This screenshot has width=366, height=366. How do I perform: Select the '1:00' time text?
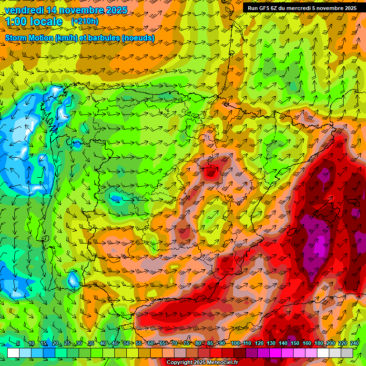point(17,22)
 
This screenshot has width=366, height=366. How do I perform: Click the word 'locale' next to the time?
point(46,22)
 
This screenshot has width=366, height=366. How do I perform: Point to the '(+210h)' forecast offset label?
point(84,21)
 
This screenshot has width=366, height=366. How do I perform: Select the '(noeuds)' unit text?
point(138,38)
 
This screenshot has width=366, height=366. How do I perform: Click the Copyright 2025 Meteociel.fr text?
point(203,362)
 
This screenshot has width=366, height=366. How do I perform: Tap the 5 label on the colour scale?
point(18,344)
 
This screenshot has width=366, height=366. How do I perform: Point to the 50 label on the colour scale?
point(126,344)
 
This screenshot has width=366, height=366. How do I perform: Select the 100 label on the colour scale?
point(235,344)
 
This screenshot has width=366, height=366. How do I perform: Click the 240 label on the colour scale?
point(355,344)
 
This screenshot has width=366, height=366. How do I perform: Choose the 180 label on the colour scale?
point(319,344)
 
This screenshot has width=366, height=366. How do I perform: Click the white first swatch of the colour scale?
point(13,353)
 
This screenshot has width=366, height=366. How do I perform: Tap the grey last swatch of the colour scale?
point(347,353)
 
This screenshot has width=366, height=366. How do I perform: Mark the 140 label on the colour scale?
point(283,344)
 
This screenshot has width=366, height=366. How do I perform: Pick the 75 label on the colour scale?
point(186,344)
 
